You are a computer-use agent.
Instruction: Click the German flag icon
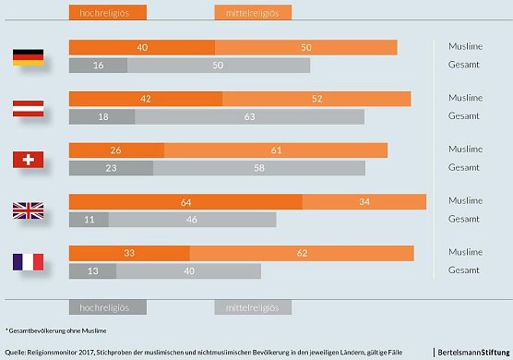point(28,56)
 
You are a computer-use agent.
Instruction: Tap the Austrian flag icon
point(28,108)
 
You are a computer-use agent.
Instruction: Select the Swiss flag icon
point(28,159)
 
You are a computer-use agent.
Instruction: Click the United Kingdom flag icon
point(28,210)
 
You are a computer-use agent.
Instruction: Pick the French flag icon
point(28,261)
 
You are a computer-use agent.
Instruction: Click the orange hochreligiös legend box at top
point(107,13)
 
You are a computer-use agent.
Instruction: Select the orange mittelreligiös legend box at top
point(253,13)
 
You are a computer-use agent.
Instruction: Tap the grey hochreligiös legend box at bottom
point(107,307)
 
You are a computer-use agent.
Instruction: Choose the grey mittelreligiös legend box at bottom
point(253,307)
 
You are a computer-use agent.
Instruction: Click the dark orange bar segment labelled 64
point(185,201)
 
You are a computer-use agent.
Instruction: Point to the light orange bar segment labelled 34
point(364,201)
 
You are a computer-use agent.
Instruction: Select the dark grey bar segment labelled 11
point(89,220)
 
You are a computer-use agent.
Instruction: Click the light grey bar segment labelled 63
point(249,117)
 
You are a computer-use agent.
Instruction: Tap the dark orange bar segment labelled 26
point(116,150)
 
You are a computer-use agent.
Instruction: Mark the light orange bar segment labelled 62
point(301,252)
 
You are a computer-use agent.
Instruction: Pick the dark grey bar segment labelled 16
point(98,66)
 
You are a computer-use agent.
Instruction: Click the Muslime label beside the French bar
point(465,252)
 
